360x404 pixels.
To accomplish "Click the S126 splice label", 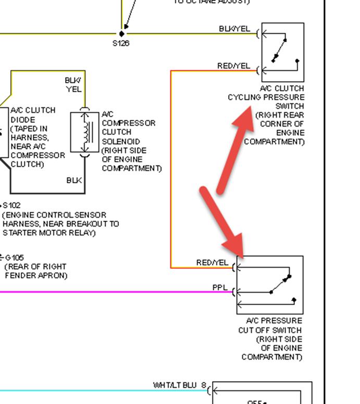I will [121, 43].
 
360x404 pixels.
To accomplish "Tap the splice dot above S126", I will [122, 34].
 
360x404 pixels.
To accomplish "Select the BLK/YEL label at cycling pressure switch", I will [234, 29].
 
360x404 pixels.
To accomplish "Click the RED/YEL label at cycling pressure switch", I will [233, 66].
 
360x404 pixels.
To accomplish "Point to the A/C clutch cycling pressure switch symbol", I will [282, 52].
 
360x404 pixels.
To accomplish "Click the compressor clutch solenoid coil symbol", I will [84, 133].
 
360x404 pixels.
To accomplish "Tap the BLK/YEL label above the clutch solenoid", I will [73, 84].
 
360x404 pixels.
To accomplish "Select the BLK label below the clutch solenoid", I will [74, 180].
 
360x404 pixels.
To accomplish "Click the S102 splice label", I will [11, 206].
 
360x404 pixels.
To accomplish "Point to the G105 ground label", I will [14, 258].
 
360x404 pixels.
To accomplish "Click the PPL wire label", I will [219, 287].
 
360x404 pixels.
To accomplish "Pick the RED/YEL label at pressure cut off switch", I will [212, 263].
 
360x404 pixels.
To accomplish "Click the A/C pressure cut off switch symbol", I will [270, 284].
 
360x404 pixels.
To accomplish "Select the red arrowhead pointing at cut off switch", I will [234, 245].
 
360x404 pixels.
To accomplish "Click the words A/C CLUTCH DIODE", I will [33, 115].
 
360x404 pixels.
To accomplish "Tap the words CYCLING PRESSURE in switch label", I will [266, 97].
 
